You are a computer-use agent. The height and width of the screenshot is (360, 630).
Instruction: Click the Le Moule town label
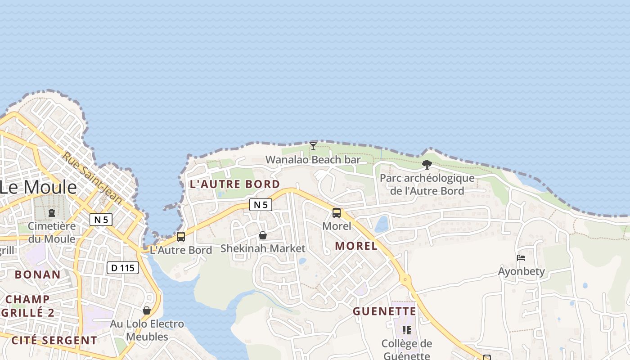pos(38,187)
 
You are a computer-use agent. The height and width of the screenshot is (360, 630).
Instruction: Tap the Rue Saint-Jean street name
pos(92,177)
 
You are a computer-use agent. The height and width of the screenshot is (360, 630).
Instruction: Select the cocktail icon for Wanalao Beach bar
pos(313,146)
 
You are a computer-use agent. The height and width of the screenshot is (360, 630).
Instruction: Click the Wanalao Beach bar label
pos(313,160)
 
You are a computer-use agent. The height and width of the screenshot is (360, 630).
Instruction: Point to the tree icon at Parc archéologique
pos(427,165)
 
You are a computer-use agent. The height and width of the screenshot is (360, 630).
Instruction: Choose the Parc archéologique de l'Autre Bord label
pos(427,184)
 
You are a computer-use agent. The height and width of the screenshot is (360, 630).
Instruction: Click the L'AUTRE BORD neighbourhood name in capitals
pos(235,184)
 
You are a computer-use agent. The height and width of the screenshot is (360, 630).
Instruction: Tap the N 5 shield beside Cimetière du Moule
pos(101,220)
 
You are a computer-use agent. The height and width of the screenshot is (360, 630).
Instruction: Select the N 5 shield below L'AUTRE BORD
pos(261,205)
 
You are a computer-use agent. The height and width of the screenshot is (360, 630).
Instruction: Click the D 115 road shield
pos(122,268)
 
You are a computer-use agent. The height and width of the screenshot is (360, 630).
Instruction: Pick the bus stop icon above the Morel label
pos(337,213)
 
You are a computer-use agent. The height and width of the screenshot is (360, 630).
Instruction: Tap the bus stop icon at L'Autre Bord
pos(181,237)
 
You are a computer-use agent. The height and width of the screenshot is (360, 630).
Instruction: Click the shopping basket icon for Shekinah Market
pos(263,235)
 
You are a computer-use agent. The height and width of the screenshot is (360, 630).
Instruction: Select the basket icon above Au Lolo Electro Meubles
pos(147,310)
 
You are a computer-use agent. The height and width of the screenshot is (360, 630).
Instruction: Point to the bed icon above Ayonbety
pos(521,258)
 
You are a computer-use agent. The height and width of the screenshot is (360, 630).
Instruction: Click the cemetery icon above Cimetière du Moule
pos(52,212)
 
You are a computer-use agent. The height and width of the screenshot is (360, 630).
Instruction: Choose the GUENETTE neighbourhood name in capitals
pos(384,311)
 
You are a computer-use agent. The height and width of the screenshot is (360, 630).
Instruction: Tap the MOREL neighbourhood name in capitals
pos(356,246)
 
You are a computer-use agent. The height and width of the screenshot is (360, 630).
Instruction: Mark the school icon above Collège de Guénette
pos(407,330)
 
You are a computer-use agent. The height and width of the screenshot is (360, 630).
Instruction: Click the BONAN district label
pos(38,274)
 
